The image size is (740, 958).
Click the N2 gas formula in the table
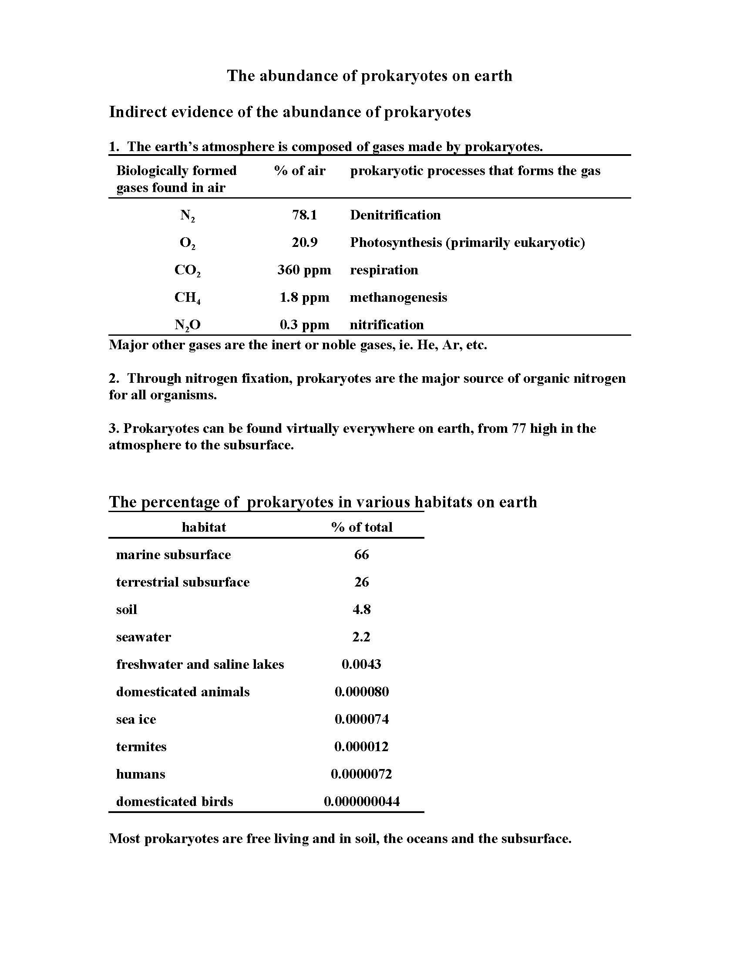(x=187, y=216)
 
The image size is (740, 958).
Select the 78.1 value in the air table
(x=304, y=215)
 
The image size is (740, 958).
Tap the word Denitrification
(x=395, y=215)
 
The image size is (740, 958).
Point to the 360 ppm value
(x=304, y=270)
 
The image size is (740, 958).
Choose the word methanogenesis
(x=398, y=297)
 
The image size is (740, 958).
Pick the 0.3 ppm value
(x=304, y=324)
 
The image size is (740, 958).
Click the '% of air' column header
(x=300, y=171)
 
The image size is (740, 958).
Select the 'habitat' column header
(x=204, y=527)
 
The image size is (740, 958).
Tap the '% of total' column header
(x=362, y=527)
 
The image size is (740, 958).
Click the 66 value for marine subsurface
(x=362, y=554)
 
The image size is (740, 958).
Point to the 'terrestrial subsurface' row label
(x=183, y=582)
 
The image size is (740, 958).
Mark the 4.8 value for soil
(x=362, y=609)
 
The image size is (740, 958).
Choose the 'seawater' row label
(x=143, y=637)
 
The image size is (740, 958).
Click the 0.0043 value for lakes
(x=361, y=664)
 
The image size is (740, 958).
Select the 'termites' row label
(x=141, y=746)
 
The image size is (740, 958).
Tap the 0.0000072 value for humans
(x=361, y=774)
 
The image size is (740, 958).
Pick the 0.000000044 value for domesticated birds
(x=362, y=801)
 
